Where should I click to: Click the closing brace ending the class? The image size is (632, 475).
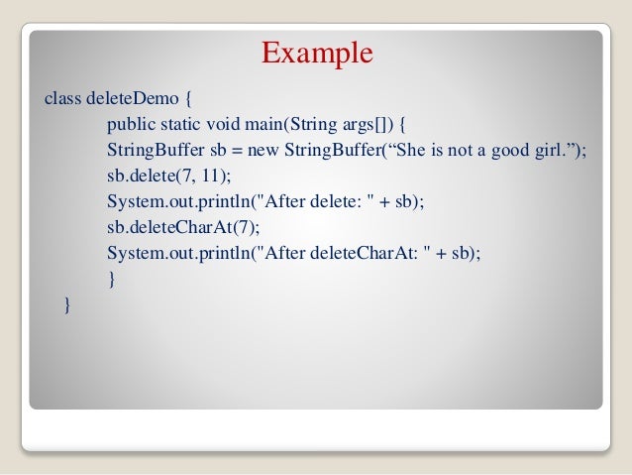[67, 304]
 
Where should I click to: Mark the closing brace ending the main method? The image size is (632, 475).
[112, 279]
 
